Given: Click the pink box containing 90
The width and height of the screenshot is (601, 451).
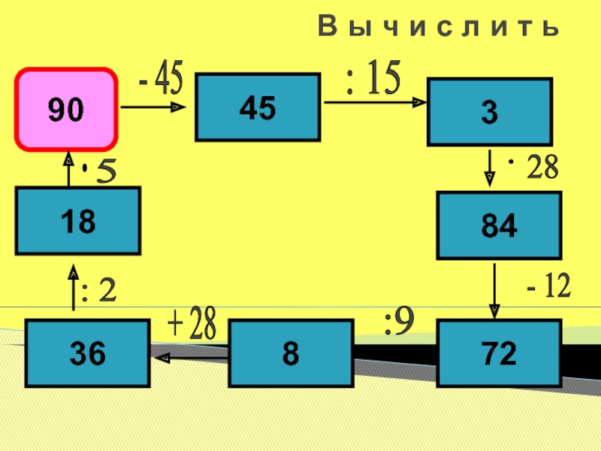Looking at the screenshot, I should [68, 110].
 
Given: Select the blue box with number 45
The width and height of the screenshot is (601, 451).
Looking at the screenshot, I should [258, 107].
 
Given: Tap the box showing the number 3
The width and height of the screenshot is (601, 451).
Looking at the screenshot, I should [489, 112].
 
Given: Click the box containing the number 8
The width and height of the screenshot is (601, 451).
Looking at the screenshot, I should [290, 353].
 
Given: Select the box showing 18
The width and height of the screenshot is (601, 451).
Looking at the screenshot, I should [78, 220].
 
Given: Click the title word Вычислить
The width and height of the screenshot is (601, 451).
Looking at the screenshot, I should [439, 28].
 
